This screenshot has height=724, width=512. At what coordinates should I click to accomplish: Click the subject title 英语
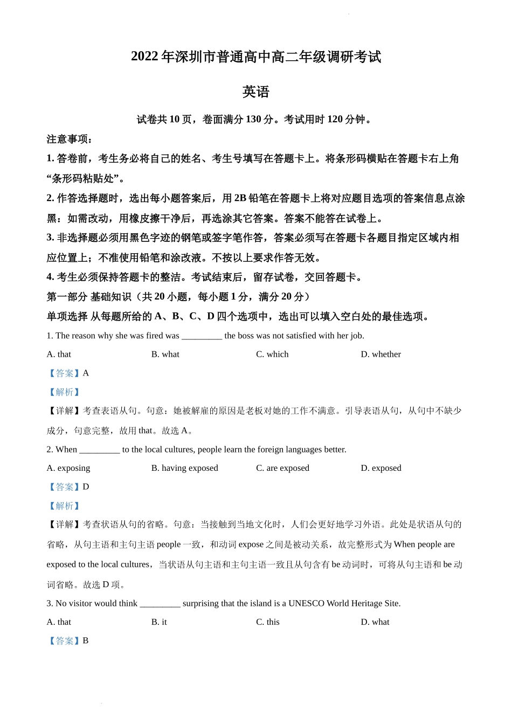tap(255, 92)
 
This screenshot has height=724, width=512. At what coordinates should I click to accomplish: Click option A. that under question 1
tap(59, 354)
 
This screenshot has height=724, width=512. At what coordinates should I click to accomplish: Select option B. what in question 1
tap(165, 354)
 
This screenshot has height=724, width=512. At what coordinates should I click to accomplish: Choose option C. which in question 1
tap(272, 354)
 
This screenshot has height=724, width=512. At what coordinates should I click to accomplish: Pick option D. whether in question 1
tap(380, 354)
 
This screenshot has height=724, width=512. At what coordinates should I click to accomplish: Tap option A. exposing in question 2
tap(68, 468)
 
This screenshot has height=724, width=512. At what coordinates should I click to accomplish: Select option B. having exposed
tap(184, 468)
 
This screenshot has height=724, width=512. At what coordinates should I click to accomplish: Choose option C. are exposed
tap(282, 468)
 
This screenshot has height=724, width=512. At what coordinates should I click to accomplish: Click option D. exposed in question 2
tap(380, 468)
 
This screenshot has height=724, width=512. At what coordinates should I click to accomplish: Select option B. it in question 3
tap(159, 622)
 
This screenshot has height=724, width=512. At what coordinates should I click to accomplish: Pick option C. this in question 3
tap(268, 622)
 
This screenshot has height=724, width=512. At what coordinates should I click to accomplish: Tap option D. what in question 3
tap(375, 622)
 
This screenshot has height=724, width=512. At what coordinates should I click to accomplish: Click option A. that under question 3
tap(59, 622)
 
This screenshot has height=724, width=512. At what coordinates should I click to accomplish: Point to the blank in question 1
tap(202, 336)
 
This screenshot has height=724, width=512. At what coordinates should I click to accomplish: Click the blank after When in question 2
tap(99, 450)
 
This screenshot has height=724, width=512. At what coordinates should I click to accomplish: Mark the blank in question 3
tap(160, 604)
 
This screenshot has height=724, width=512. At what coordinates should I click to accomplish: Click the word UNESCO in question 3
tap(305, 603)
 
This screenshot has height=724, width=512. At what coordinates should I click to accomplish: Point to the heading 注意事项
tap(69, 140)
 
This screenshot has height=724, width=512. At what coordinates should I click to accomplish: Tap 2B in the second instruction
tap(240, 198)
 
